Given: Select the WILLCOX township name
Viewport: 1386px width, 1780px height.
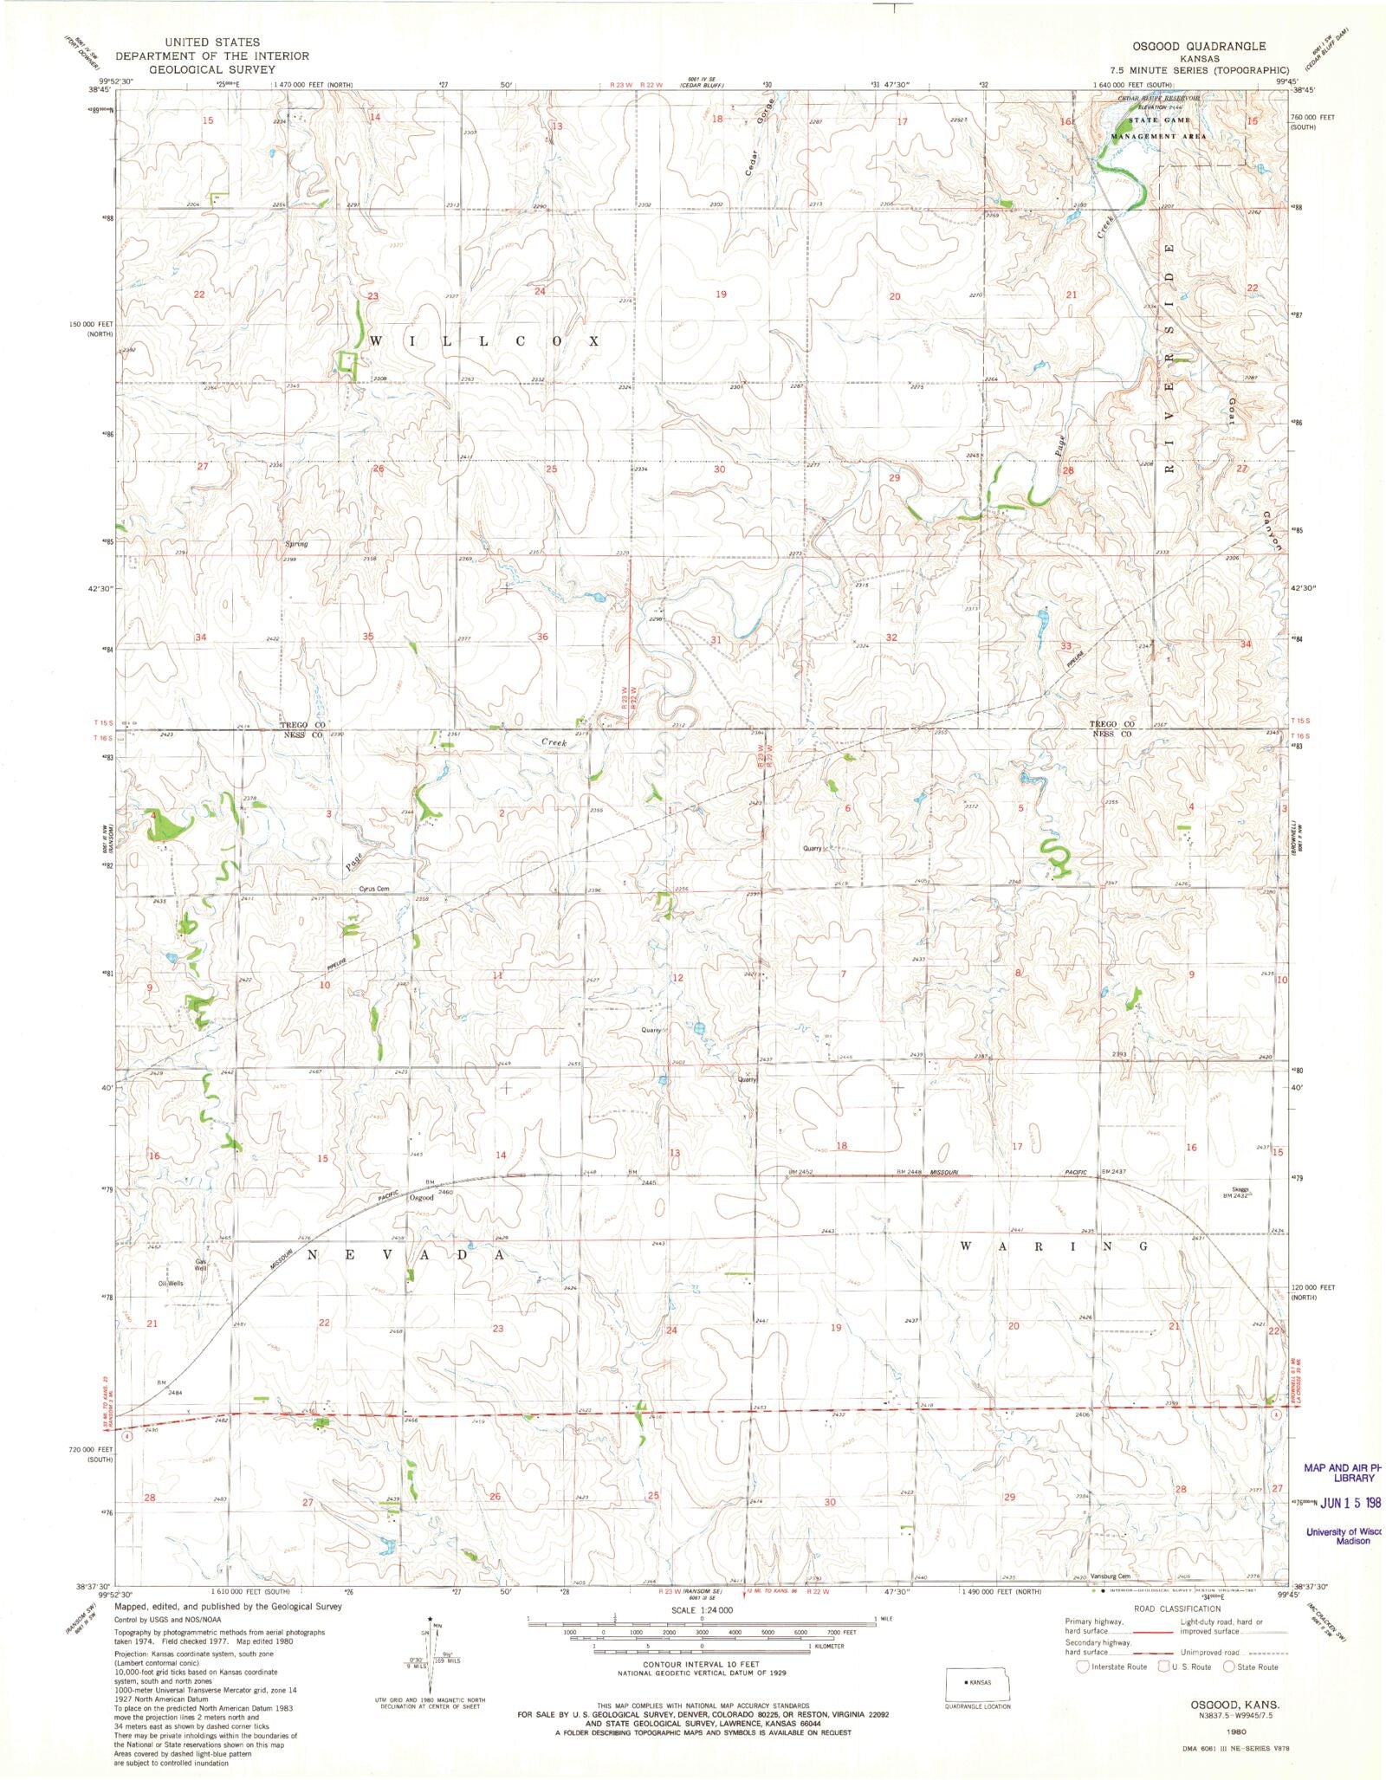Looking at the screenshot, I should [x=484, y=341].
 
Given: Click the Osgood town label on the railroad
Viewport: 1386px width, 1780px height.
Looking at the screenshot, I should [x=421, y=1198].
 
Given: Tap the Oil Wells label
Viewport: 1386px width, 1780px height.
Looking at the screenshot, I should [x=171, y=1284].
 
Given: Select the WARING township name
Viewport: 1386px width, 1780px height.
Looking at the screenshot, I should [x=1054, y=1246].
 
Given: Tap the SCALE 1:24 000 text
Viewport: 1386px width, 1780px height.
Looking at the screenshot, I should [x=701, y=1609].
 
